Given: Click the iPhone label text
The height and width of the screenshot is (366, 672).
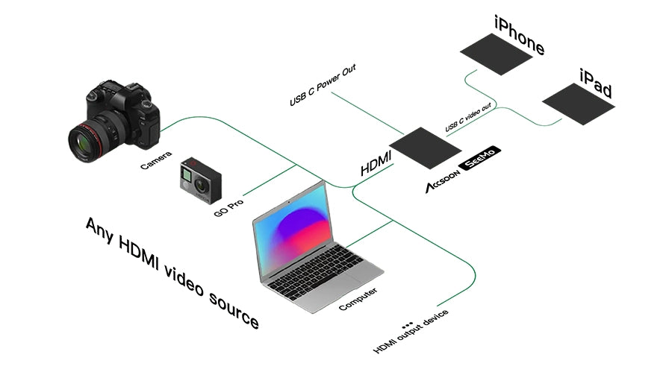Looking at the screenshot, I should [x=518, y=34].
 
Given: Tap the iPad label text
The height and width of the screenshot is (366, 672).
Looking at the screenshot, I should [x=596, y=83].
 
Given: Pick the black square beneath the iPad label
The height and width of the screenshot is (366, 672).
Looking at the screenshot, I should [x=578, y=103].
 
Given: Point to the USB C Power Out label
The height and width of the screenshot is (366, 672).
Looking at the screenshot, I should [x=323, y=84].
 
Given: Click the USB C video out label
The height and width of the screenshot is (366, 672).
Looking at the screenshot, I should [x=468, y=119].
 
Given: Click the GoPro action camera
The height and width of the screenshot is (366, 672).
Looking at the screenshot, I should [x=200, y=180].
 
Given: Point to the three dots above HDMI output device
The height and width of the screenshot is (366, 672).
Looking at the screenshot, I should [x=407, y=325].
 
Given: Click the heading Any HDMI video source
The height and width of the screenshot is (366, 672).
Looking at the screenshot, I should [x=172, y=272].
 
